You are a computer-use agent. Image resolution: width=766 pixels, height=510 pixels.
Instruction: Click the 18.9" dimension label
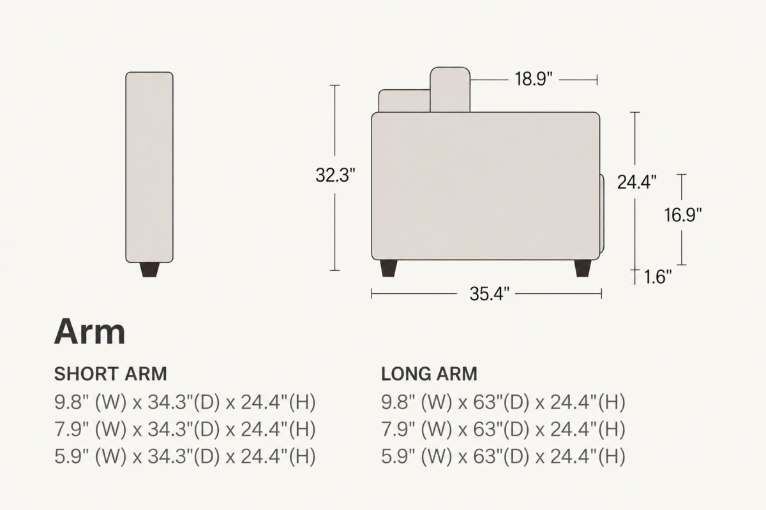coord(534,79)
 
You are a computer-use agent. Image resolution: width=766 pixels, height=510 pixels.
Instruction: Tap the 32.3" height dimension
coord(335,175)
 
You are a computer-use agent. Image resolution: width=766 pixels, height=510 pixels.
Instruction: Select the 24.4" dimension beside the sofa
coord(637,182)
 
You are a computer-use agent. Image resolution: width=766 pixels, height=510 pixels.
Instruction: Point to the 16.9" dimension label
coord(682,215)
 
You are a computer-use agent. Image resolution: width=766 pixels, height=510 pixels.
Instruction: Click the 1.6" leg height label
coord(657,277)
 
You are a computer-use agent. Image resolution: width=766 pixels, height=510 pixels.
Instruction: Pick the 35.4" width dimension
coord(490,294)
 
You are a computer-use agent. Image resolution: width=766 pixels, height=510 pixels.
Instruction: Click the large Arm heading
coord(89,332)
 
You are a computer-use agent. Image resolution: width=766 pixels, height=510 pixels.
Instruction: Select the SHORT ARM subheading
coord(110,374)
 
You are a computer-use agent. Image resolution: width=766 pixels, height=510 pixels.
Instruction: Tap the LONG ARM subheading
coord(429,374)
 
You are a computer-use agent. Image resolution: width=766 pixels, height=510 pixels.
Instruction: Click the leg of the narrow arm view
coord(149,270)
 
